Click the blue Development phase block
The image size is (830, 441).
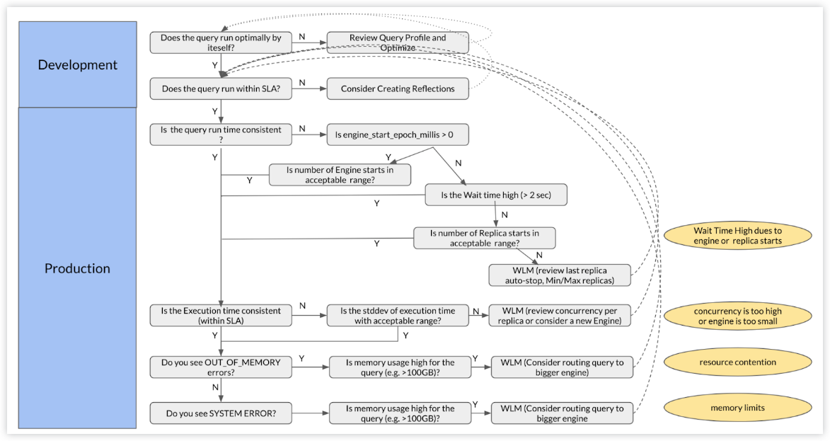(77, 64)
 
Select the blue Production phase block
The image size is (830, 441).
(77, 268)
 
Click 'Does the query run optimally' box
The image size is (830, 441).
(221, 42)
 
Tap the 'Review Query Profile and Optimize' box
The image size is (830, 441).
(398, 42)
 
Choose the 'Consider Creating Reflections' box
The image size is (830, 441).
(398, 88)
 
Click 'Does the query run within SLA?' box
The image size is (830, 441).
(221, 88)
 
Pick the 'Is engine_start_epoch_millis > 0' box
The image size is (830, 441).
(398, 134)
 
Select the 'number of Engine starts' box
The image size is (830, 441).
(340, 175)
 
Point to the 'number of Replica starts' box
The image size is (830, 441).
(484, 237)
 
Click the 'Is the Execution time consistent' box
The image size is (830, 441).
(221, 316)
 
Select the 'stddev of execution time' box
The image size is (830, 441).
(398, 316)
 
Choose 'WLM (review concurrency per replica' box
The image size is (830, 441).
(559, 316)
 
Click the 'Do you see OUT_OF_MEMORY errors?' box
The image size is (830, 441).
(221, 367)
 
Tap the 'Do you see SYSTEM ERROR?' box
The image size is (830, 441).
(221, 413)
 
